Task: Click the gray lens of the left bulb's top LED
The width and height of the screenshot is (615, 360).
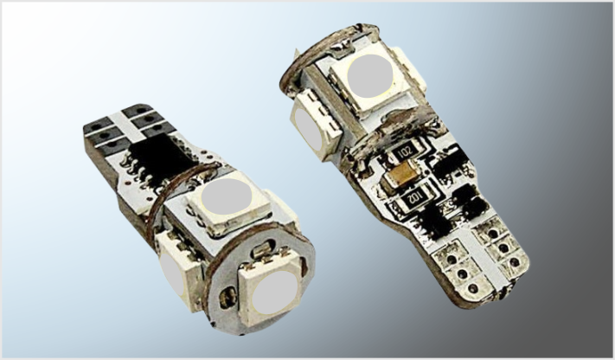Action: point(227,196)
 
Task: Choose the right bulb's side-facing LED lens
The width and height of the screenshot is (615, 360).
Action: point(306,128)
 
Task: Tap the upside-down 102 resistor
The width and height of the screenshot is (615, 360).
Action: point(412,198)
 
